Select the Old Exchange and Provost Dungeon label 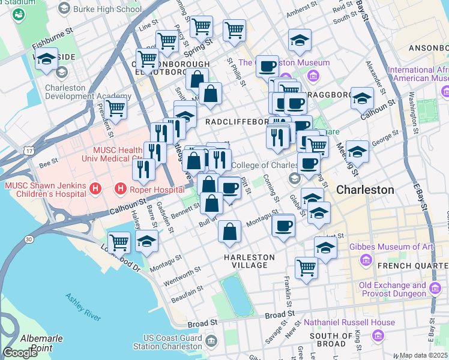[x=393, y=290]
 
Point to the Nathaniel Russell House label [x=349, y=322]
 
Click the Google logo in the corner [x=20, y=353]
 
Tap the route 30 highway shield [x=29, y=239]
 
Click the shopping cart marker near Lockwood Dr [x=119, y=242]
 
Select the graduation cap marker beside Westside [x=46, y=59]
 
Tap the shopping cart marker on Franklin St [x=306, y=267]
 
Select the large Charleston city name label [x=365, y=190]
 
